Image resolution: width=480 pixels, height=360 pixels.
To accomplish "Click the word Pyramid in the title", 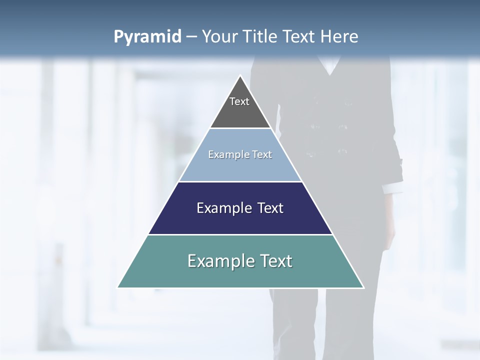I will click(x=147, y=37).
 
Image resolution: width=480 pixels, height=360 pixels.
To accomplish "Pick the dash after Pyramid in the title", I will click(x=191, y=37).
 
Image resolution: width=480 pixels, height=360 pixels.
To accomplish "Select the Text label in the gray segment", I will click(x=239, y=101).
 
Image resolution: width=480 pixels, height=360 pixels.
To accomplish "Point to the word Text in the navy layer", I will click(x=270, y=208).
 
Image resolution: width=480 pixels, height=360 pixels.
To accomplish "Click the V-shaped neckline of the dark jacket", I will click(x=330, y=70).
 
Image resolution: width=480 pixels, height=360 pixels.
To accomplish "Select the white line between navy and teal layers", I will click(x=240, y=234).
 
